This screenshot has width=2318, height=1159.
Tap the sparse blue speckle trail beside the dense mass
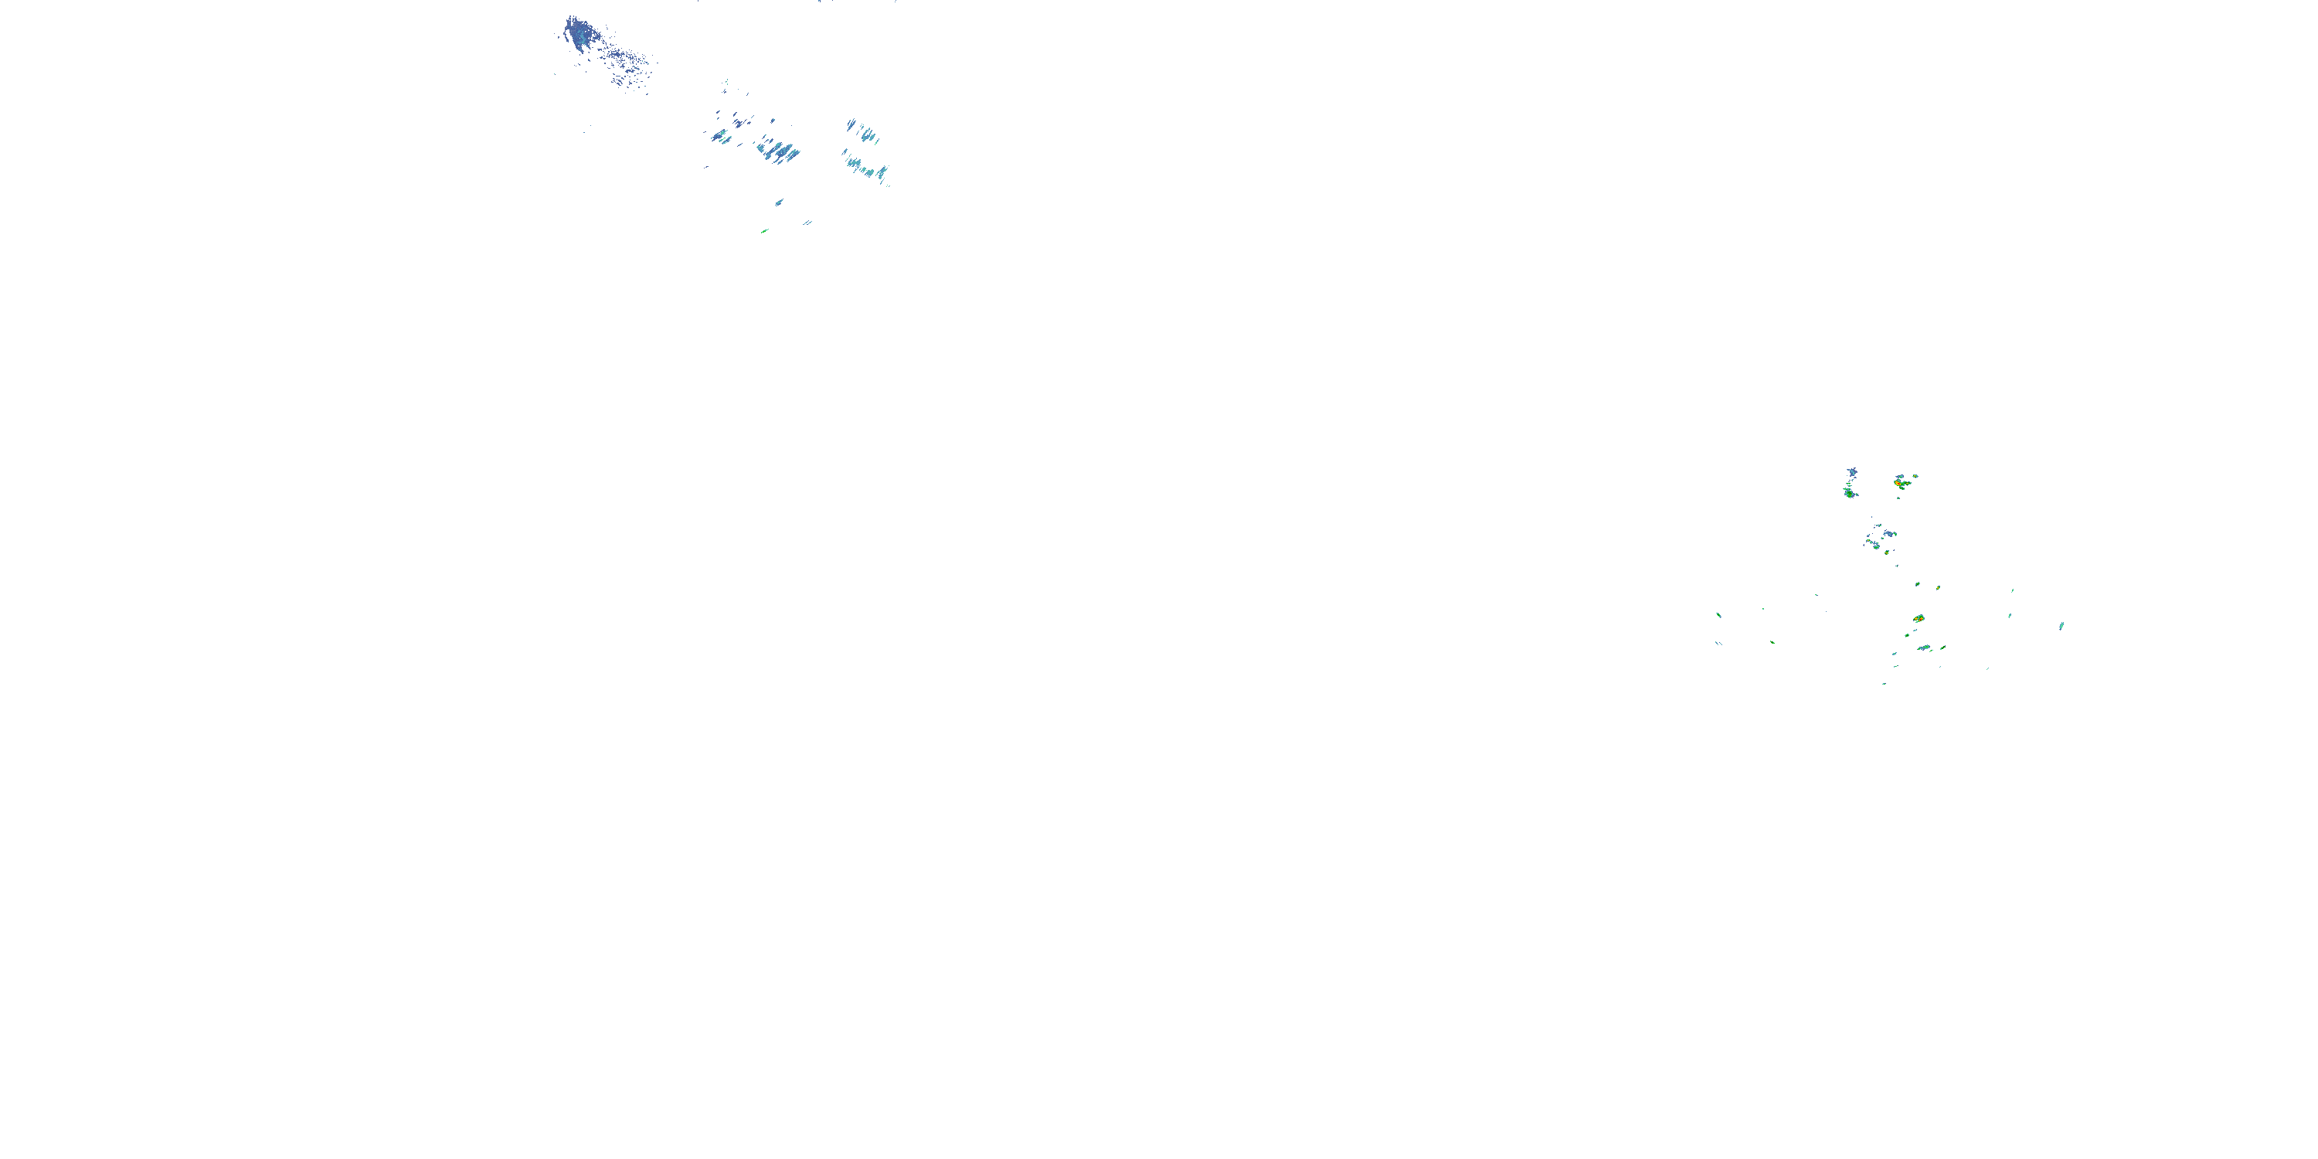[x=630, y=63]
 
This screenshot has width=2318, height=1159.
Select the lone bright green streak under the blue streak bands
[x=764, y=231]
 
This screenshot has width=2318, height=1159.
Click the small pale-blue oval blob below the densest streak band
[x=780, y=202]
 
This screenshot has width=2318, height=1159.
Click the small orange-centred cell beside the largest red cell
[x=1915, y=477]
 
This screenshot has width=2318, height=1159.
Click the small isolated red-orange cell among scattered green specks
[x=1919, y=619]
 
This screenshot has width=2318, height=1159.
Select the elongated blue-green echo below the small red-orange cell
[x=1924, y=648]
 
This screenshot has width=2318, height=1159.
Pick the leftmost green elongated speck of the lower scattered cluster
[x=1718, y=616]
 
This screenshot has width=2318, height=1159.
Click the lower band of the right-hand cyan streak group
[x=867, y=168]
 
